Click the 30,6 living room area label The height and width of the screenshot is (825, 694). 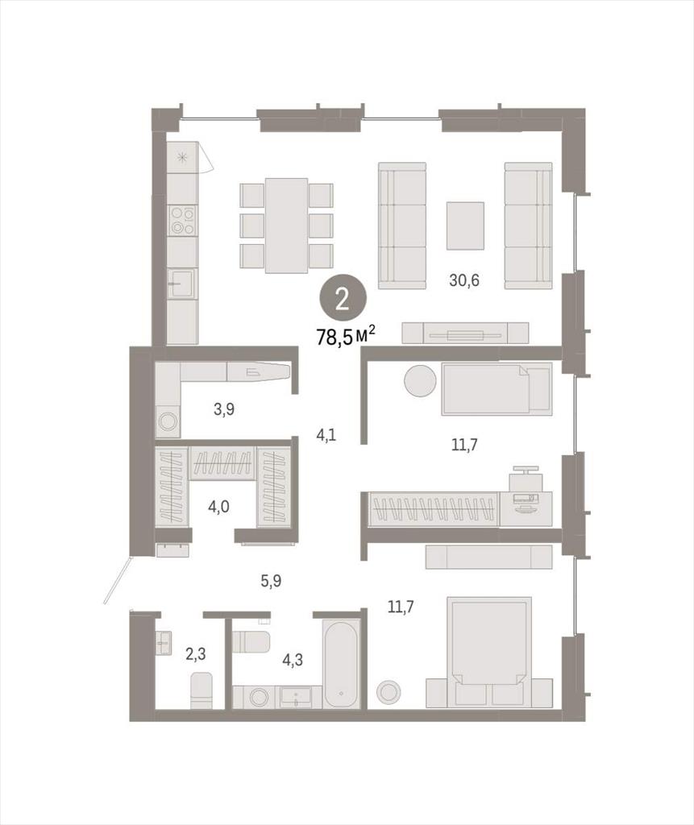click(464, 280)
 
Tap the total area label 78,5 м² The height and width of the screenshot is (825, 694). click(346, 335)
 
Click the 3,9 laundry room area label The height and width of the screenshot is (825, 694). click(224, 408)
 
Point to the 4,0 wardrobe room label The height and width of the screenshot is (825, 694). click(218, 508)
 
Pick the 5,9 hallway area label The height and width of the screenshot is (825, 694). click(271, 582)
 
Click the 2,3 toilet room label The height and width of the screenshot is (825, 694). click(195, 654)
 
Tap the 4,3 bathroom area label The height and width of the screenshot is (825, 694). click(293, 660)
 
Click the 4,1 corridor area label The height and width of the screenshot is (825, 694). click(327, 435)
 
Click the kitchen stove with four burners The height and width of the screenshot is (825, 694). click(182, 220)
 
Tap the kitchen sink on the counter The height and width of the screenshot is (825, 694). click(182, 284)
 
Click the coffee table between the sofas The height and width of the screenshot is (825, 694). click(465, 226)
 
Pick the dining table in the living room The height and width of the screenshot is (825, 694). click(286, 226)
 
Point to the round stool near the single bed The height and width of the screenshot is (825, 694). click(420, 381)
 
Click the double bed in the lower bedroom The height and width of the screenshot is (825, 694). click(489, 651)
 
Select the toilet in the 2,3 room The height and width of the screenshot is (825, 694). click(201, 690)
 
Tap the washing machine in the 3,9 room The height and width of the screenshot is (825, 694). click(168, 421)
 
